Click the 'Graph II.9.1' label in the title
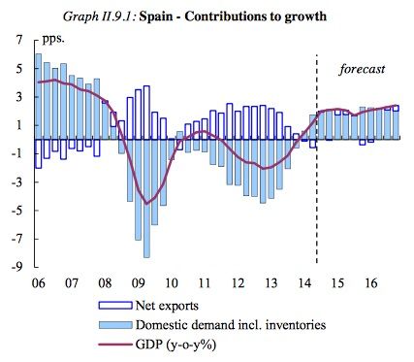tap(120, 16)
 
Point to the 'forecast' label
tap(362, 69)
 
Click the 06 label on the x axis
tap(38, 282)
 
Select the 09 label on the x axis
tap(138, 282)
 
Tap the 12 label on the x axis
tap(238, 282)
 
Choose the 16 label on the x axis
tap(370, 282)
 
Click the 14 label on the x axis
tap(303, 282)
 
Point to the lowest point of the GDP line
tap(146, 203)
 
